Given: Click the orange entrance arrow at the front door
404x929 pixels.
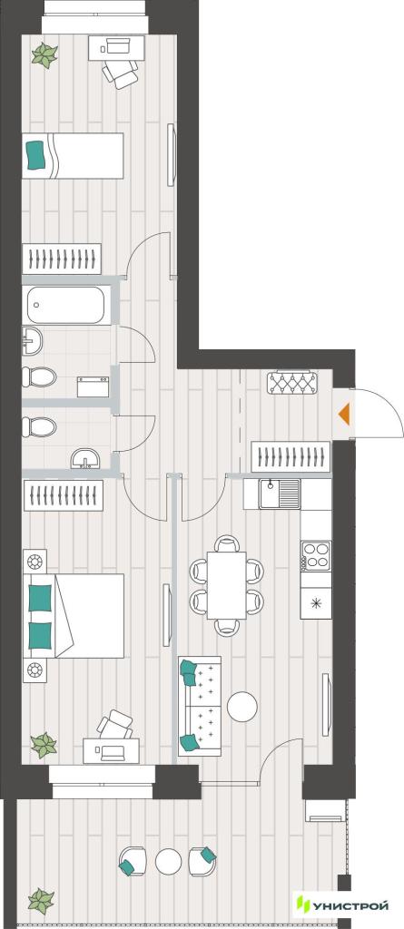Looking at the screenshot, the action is coord(344,414).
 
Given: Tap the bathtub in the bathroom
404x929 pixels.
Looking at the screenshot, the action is coord(66,305).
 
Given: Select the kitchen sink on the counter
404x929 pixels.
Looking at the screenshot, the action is coord(280,494).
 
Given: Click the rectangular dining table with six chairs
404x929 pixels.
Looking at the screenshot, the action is coord(226,585).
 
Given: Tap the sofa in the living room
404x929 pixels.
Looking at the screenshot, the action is coord(200,705).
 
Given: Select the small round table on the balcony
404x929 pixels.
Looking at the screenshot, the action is coord(168,861).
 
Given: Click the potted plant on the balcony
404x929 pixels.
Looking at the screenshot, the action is coord(42,901).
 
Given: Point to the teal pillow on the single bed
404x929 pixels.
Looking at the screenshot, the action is coord(36,154).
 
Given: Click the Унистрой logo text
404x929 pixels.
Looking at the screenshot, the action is coord(350,905).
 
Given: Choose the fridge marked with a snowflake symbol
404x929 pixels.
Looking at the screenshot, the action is coord(316,603).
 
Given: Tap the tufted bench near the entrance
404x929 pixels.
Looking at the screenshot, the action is coord(291,382).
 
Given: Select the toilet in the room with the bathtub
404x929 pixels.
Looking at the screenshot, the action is coord(39,376).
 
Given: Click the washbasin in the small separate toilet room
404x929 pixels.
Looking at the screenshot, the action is coord(86,458).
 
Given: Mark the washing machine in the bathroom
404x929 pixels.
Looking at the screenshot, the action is coord(94,386).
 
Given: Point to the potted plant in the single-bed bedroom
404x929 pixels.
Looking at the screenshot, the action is coord(44,55).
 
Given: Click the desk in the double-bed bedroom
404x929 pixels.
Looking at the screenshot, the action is coord(112,751).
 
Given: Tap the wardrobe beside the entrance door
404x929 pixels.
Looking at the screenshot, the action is coord(291,457).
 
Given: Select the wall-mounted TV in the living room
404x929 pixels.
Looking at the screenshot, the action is coord(326,704).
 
